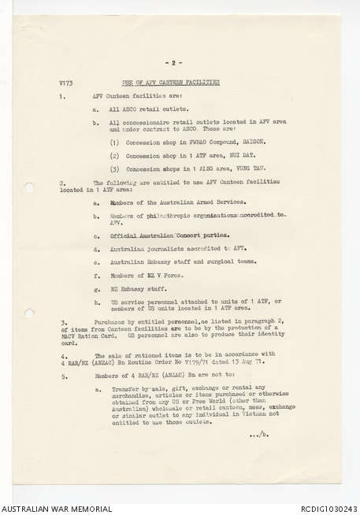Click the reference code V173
[x=65, y=82]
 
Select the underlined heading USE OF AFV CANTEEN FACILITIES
[x=171, y=82]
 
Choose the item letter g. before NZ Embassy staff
[x=96, y=290]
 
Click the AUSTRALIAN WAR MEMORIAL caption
[x=56, y=509]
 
